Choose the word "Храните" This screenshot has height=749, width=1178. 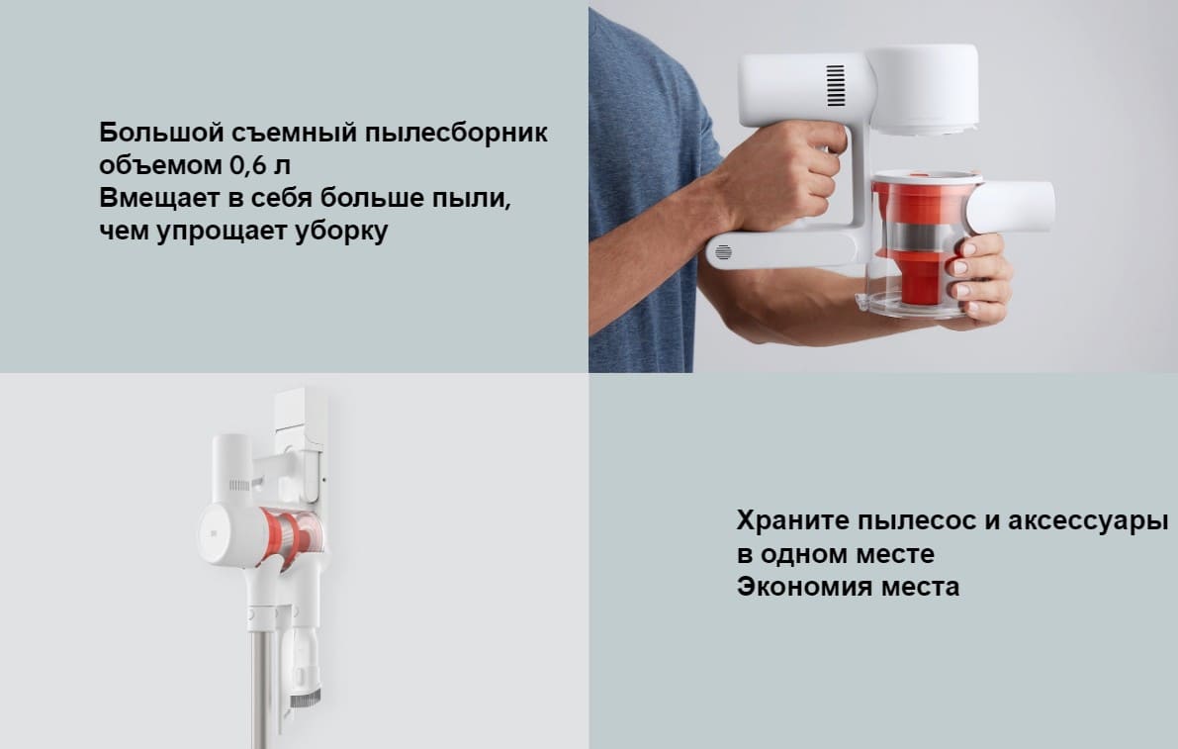tap(794, 520)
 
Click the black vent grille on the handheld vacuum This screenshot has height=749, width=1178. tap(836, 86)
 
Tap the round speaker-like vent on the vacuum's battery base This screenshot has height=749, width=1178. tap(723, 252)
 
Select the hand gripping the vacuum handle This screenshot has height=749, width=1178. tap(791, 173)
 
